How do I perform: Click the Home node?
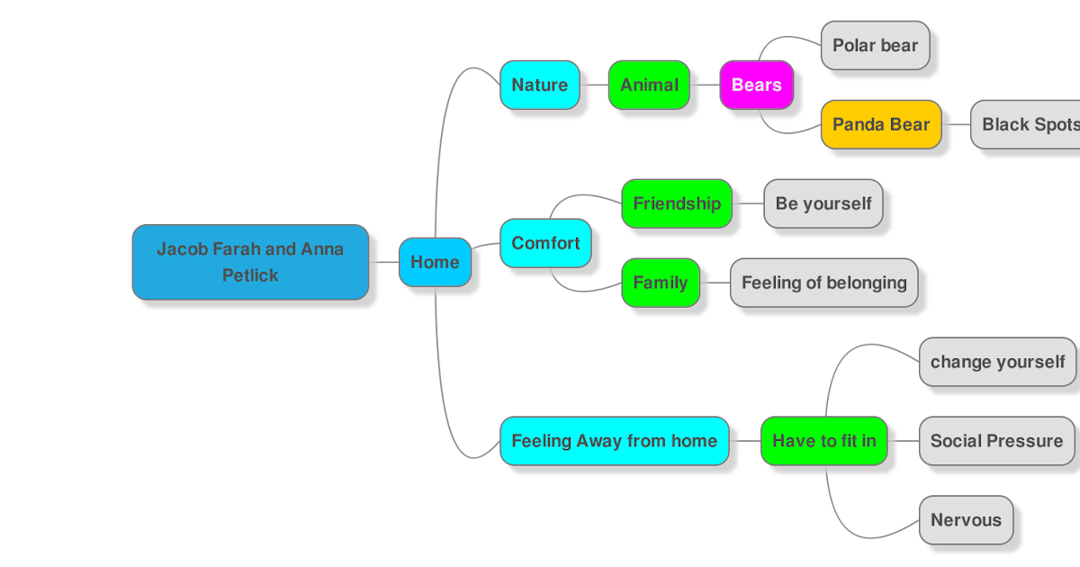(x=435, y=262)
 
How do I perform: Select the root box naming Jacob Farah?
(x=250, y=261)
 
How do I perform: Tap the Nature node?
(x=539, y=85)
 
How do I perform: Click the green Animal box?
(x=649, y=85)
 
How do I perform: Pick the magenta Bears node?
(x=756, y=85)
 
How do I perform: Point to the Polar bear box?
(x=875, y=45)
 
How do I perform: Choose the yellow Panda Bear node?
(x=880, y=124)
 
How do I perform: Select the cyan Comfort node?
(x=545, y=243)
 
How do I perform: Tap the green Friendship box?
(x=677, y=203)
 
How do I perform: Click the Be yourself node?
(x=823, y=203)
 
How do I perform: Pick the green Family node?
(x=660, y=283)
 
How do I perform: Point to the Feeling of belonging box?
(x=823, y=283)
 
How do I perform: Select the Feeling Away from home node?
(x=614, y=441)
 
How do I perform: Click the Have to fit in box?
(x=823, y=441)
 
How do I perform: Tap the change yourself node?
(x=996, y=362)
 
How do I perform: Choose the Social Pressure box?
(x=996, y=441)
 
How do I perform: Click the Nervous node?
(x=966, y=520)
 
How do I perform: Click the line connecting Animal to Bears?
(x=705, y=85)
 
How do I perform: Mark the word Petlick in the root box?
(x=250, y=275)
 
